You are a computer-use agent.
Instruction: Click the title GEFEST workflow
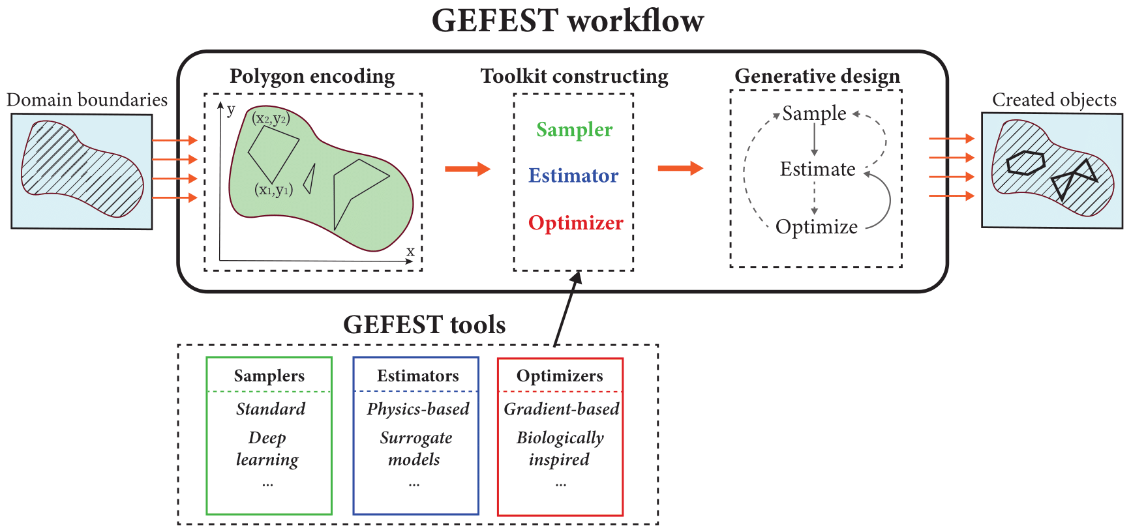[567, 21]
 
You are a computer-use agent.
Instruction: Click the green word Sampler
[574, 130]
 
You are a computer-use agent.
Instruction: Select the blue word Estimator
[573, 176]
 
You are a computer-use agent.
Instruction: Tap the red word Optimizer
[575, 223]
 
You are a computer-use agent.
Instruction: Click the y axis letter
[231, 110]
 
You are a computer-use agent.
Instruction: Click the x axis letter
[410, 252]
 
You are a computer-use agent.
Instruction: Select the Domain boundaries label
[87, 100]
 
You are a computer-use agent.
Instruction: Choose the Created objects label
[1054, 100]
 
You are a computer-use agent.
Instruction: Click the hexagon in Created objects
[1025, 162]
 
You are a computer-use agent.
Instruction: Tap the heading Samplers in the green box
[269, 376]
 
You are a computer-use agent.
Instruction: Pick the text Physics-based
[417, 409]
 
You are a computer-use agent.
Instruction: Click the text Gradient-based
[561, 409]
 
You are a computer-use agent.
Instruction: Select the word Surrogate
[416, 438]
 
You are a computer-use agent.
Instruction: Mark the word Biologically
[560, 438]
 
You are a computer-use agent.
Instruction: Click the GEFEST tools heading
[424, 325]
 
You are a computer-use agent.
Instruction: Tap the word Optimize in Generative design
[817, 227]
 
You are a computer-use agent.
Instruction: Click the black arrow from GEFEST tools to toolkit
[566, 309]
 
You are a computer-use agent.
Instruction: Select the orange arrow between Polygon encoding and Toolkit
[467, 169]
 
